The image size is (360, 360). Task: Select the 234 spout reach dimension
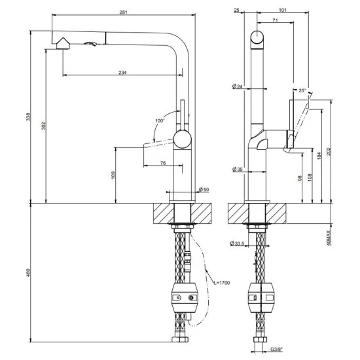(122, 72)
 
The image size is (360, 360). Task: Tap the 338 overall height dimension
(26, 117)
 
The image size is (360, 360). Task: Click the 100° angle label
(160, 121)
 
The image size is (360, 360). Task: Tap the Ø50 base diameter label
(204, 190)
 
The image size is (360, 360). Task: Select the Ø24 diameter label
(238, 86)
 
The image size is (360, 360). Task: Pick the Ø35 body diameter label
(238, 170)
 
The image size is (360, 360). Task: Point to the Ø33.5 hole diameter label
(237, 244)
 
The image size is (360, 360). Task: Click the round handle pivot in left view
(183, 139)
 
